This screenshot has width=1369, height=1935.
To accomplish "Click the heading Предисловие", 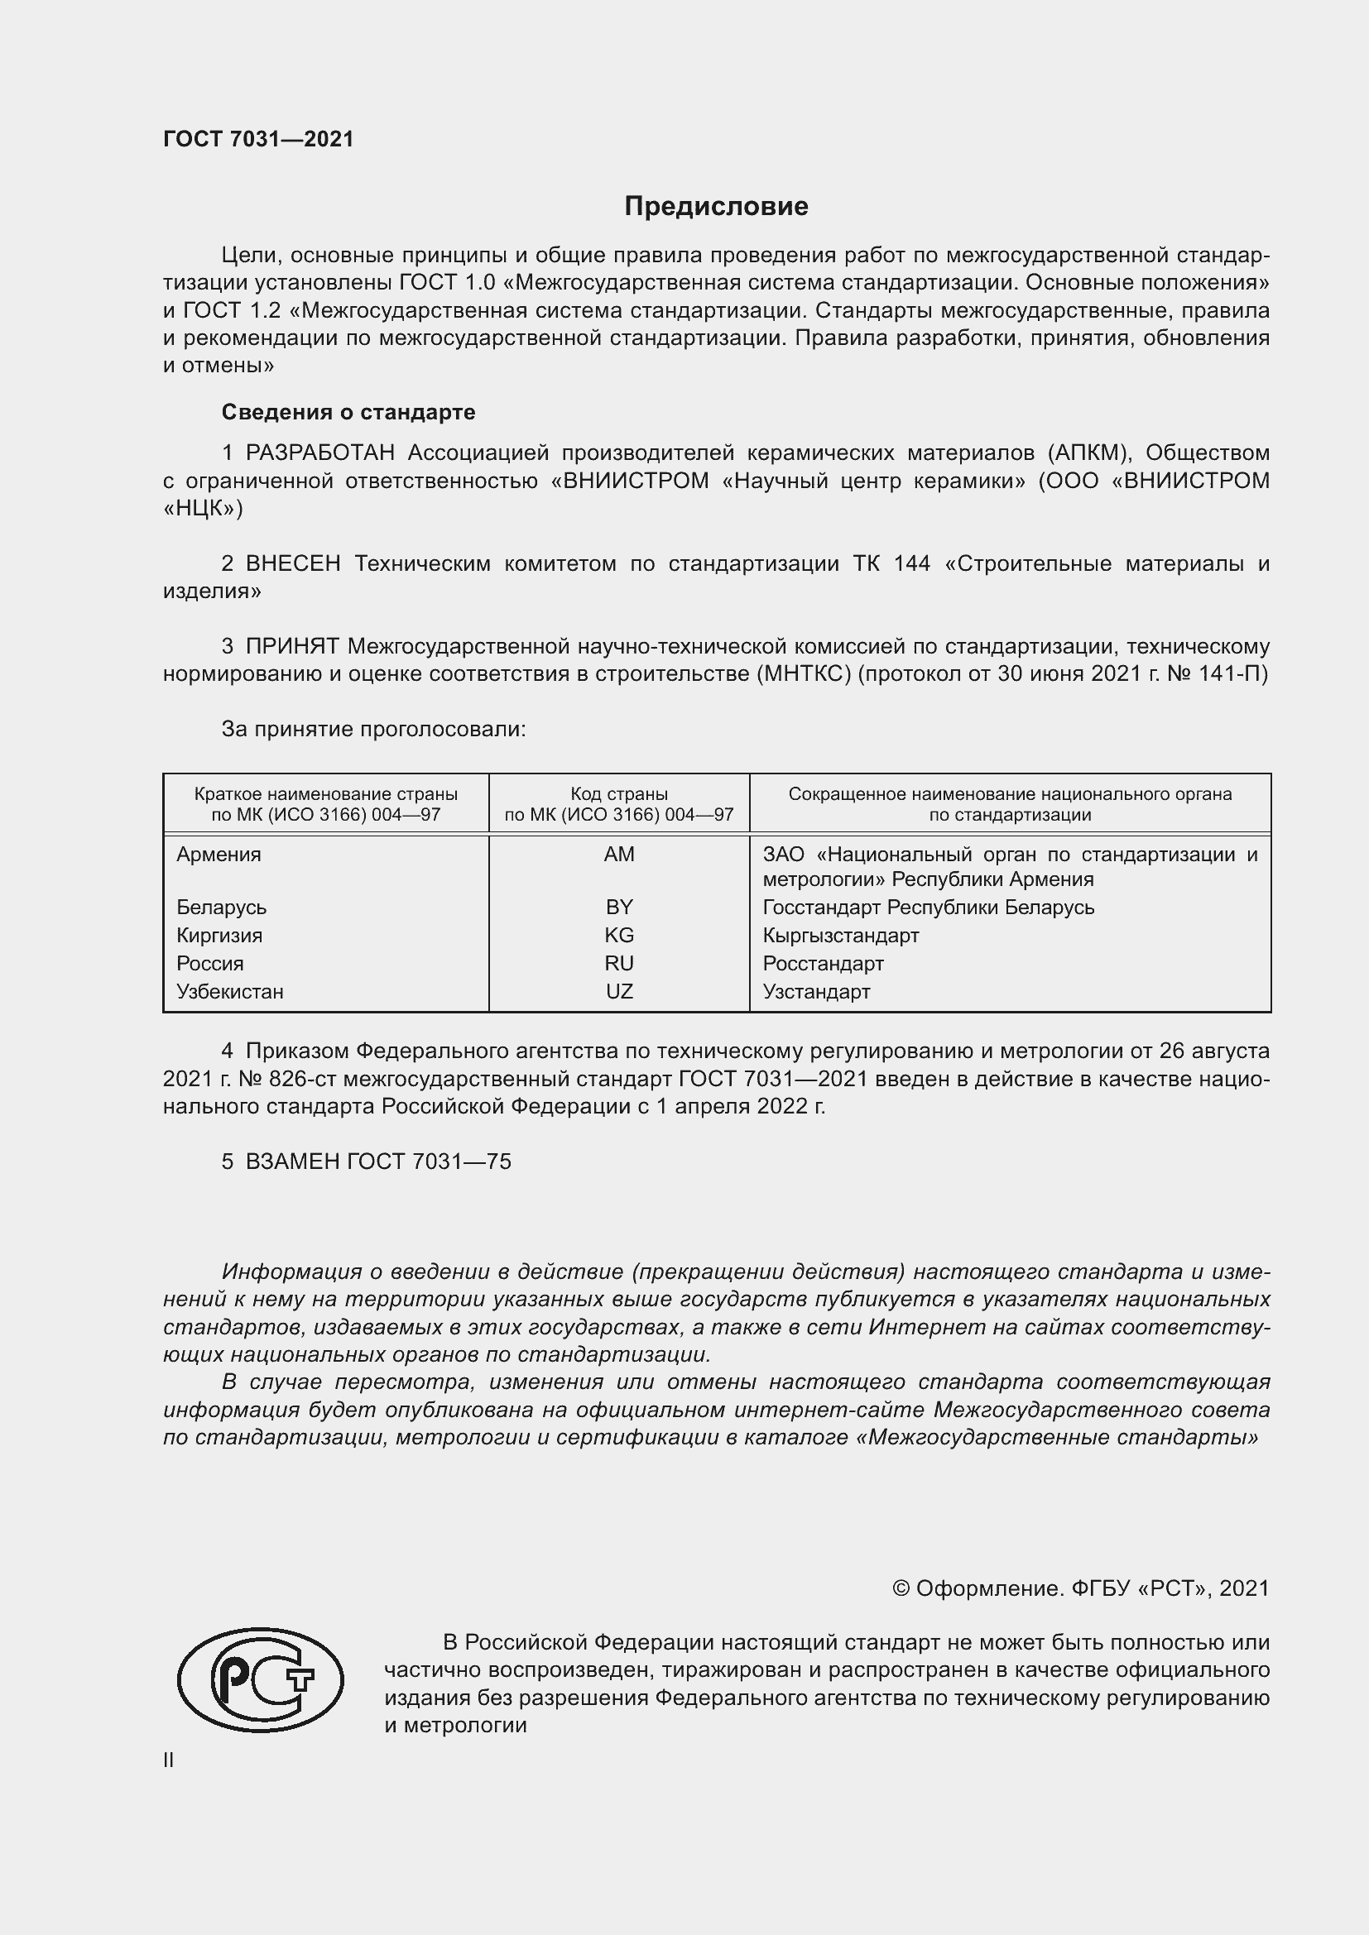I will click(716, 207).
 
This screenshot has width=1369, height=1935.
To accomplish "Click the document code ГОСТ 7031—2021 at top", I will click(258, 139).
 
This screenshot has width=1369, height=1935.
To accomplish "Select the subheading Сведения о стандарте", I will click(348, 412).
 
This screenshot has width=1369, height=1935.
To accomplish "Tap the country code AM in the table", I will click(619, 854).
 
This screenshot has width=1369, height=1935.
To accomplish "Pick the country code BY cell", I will click(619, 907).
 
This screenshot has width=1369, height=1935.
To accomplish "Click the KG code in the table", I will click(619, 935).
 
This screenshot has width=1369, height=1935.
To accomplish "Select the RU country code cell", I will click(619, 962).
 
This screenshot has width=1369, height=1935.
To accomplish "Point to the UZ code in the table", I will click(619, 991).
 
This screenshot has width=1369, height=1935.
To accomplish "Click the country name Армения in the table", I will click(219, 854).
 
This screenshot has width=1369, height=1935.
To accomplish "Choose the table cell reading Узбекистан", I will click(229, 991).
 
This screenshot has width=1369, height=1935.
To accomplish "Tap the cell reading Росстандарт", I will click(823, 962).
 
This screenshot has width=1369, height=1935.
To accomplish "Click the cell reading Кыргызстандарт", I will click(840, 935).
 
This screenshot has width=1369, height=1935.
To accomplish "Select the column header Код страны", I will click(619, 794).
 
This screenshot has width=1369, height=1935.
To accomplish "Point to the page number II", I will click(169, 1760).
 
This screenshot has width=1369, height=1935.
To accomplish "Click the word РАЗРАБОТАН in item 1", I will click(319, 453).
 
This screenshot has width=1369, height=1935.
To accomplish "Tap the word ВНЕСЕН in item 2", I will click(292, 564).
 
